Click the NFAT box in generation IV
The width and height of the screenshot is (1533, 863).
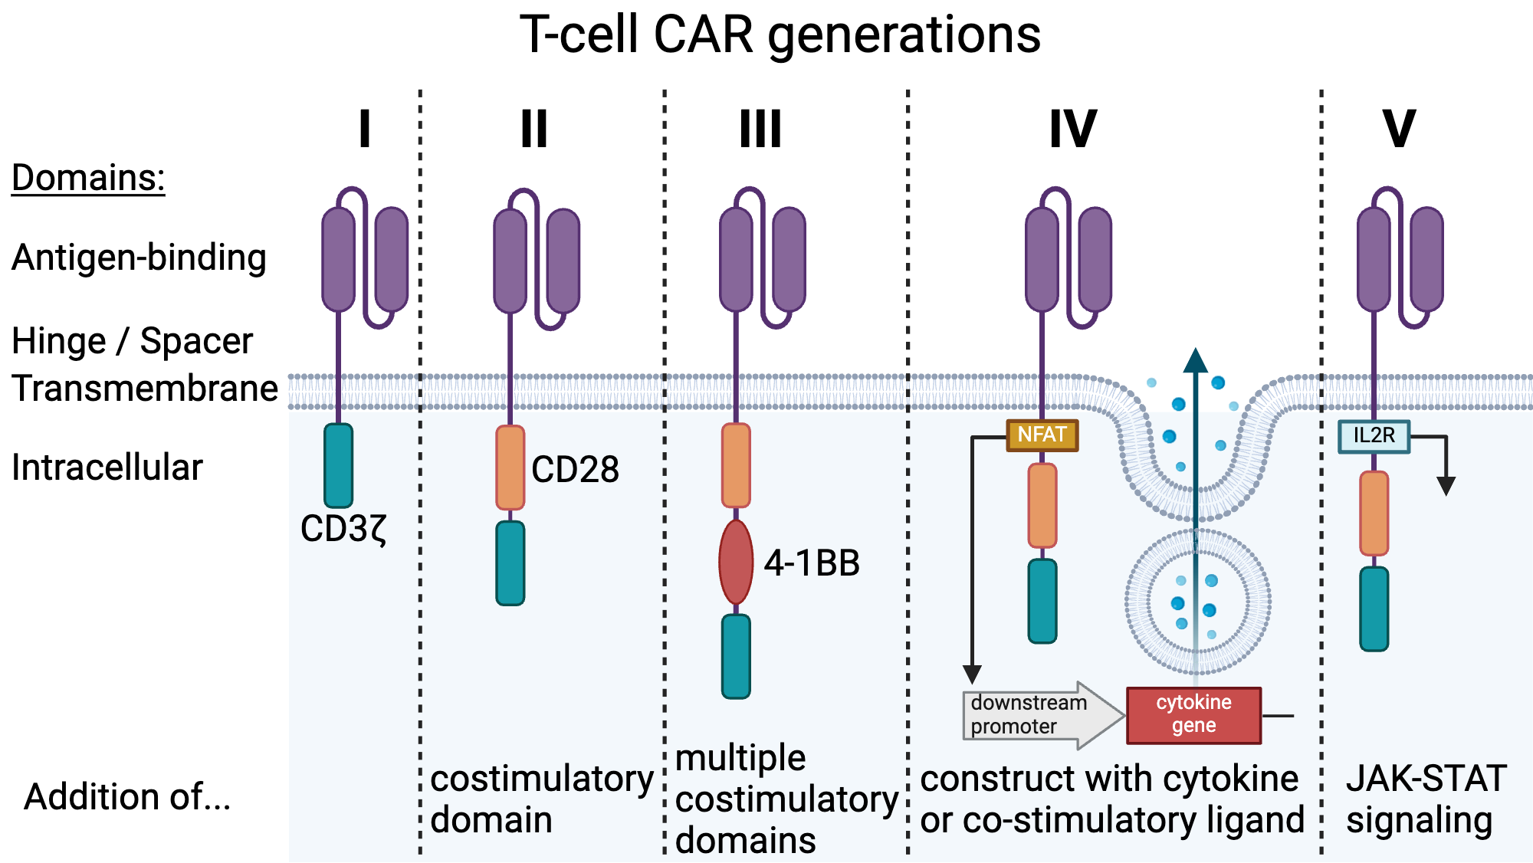click(x=1042, y=435)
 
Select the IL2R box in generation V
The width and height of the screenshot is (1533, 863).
click(x=1374, y=436)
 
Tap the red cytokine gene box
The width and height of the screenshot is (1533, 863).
click(x=1193, y=714)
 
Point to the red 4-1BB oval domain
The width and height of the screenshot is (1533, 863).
click(x=736, y=563)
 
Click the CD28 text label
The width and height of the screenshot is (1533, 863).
click(x=575, y=469)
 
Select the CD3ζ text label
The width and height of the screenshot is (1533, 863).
click(x=344, y=529)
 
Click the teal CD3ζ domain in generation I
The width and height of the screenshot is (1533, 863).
click(x=339, y=465)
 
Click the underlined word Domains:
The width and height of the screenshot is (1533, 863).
click(x=88, y=178)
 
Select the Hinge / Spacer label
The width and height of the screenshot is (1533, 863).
click(x=132, y=341)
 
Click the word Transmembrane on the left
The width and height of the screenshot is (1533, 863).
click(x=144, y=388)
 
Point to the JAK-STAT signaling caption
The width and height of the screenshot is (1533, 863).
click(x=1426, y=799)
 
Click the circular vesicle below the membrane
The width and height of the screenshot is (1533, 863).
click(x=1197, y=601)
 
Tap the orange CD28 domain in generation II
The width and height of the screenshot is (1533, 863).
click(x=510, y=468)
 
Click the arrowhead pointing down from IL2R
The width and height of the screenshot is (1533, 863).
click(x=1446, y=486)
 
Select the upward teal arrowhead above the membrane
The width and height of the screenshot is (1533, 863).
click(x=1196, y=360)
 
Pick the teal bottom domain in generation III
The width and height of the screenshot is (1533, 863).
click(x=736, y=656)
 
